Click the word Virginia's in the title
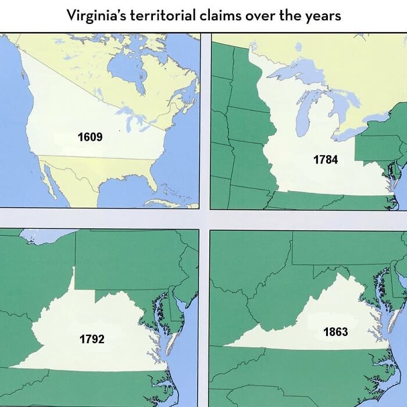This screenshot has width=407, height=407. (x=98, y=15)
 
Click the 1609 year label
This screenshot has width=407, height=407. (x=90, y=138)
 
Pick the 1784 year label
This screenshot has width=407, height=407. (x=326, y=159)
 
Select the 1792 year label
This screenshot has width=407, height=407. (x=92, y=339)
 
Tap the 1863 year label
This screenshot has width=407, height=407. (x=335, y=332)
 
